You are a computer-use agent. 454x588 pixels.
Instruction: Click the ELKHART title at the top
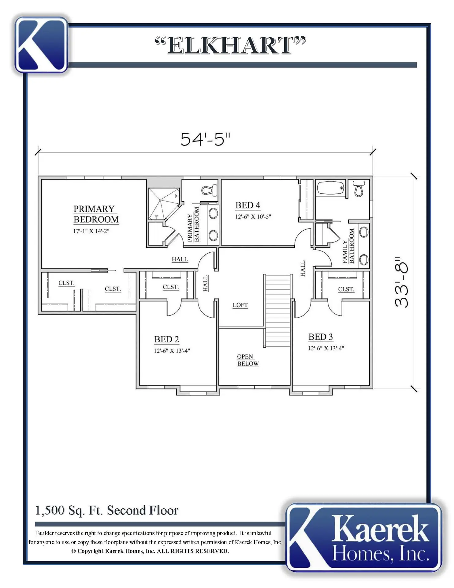click(x=230, y=45)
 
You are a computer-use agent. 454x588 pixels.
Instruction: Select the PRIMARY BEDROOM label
click(x=96, y=214)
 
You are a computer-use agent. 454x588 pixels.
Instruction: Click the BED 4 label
click(x=248, y=205)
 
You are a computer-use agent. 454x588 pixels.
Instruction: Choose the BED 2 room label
click(x=166, y=339)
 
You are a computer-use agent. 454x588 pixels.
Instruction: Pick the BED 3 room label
click(x=321, y=337)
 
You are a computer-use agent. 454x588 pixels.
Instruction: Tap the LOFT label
click(x=240, y=305)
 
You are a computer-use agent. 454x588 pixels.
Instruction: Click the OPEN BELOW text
click(x=248, y=360)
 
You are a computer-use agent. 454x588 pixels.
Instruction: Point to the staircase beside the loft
click(x=277, y=310)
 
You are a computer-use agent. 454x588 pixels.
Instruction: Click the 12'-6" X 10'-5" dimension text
click(x=253, y=217)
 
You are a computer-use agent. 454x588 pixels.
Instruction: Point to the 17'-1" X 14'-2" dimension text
click(x=91, y=231)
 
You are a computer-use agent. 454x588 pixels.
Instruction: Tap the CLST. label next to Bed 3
click(x=346, y=289)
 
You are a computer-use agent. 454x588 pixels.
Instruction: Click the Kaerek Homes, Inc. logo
click(x=364, y=537)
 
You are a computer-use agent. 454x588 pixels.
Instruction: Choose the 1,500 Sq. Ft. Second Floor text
click(x=107, y=511)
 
